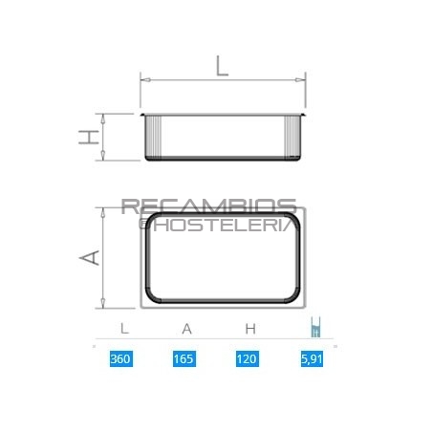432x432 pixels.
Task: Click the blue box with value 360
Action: pyautogui.click(x=119, y=359)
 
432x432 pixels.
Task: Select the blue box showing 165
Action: pyautogui.click(x=184, y=359)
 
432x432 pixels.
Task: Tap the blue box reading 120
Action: pyautogui.click(x=248, y=359)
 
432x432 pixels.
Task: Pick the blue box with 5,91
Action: pyautogui.click(x=311, y=359)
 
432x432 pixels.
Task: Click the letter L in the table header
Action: pyautogui.click(x=124, y=328)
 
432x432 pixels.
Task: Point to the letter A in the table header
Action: pyautogui.click(x=187, y=328)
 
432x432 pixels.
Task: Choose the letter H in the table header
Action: pyautogui.click(x=249, y=328)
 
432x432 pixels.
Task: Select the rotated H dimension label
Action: pyautogui.click(x=88, y=137)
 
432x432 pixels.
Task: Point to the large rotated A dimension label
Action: pyautogui.click(x=89, y=258)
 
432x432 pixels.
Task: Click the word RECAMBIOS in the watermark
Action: pyautogui.click(x=208, y=207)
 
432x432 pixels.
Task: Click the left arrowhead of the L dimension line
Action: pyautogui.click(x=144, y=80)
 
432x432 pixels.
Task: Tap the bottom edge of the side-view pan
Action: pyautogui.click(x=223, y=159)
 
